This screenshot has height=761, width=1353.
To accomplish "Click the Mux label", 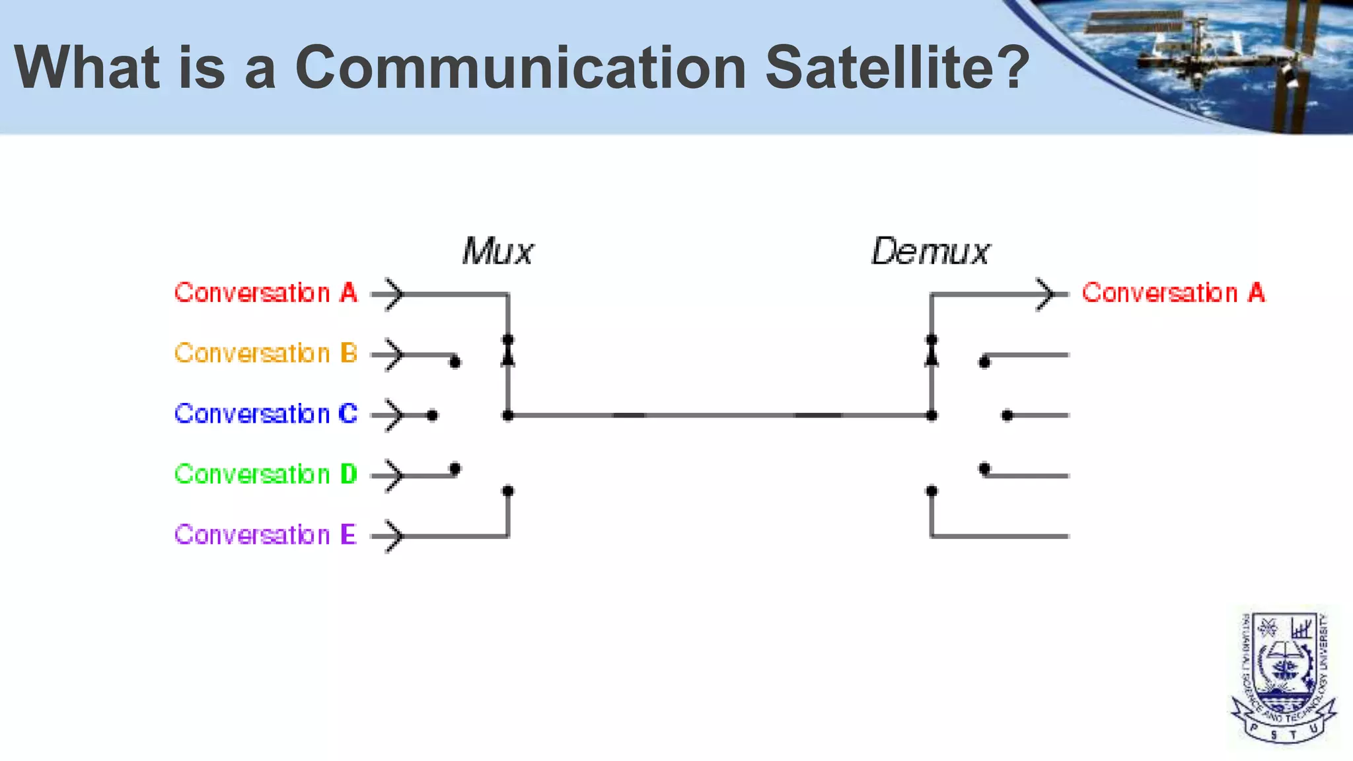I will pos(497,252).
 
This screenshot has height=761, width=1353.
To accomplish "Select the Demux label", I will pos(930,252).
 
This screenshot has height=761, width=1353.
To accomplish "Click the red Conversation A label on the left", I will pos(266,293).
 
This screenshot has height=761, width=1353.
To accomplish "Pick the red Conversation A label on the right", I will pos(1173,293).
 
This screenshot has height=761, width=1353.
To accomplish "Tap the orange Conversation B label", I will pos(266,353).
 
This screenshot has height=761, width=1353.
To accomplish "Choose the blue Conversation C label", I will pos(266,414).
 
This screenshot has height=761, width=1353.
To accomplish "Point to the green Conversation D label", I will pos(266,474).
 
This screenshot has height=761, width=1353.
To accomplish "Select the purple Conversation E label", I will pos(266,534).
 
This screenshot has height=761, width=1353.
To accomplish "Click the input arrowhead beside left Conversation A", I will pos(394,294).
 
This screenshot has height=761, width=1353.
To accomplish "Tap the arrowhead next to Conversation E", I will pos(394,536).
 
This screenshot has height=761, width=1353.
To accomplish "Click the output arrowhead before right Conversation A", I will pos(1046,294).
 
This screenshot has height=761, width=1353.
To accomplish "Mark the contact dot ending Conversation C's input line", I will pos(432,416).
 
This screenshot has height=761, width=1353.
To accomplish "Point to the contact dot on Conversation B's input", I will pos(455,362).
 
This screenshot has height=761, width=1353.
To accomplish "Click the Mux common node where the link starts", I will pos(508,416).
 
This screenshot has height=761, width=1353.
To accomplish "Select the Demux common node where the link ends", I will pos(932,416).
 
